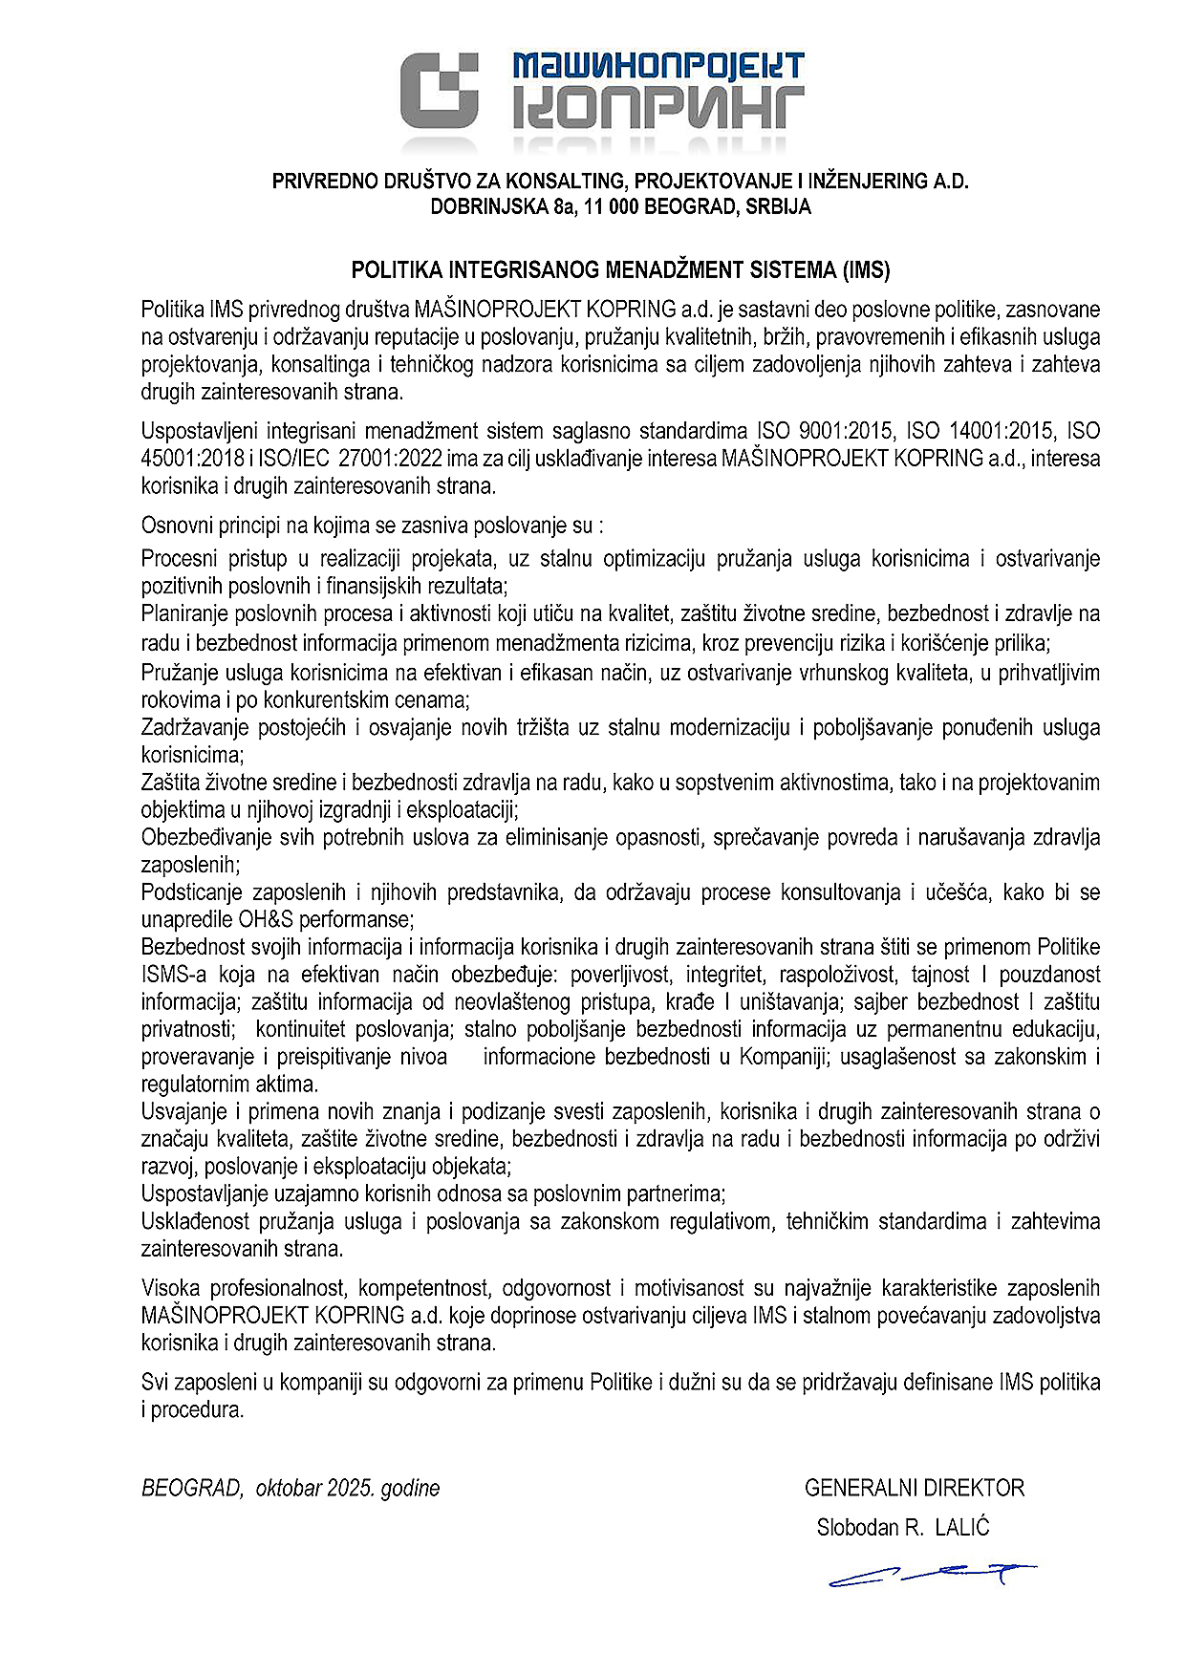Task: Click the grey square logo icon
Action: click(x=439, y=90)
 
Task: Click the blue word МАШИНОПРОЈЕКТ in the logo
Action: click(x=657, y=66)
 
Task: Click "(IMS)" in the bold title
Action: click(x=865, y=269)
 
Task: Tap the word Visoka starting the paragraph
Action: click(x=170, y=1288)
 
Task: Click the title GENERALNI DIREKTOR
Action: click(x=914, y=1488)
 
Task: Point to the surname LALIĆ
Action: click(x=962, y=1528)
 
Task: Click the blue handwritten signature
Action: click(x=932, y=1575)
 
